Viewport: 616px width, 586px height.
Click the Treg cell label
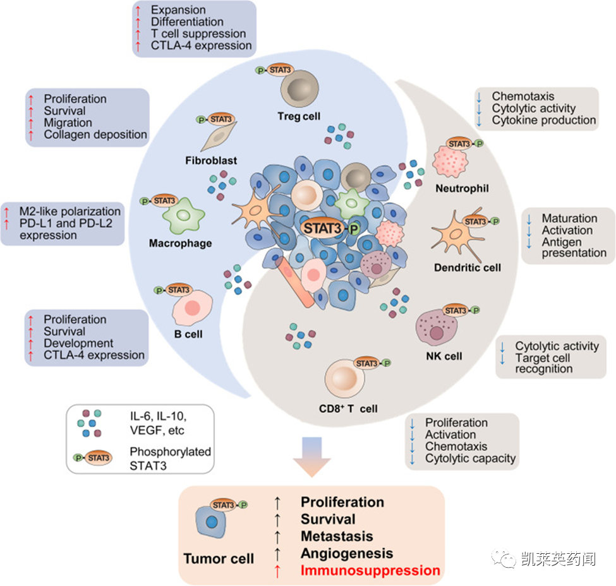coord(298,116)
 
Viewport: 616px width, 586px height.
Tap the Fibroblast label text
coord(212,160)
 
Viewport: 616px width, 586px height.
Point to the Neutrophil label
coord(462,188)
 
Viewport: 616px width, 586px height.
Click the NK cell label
coord(444,356)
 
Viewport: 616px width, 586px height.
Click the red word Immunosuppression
coord(370,570)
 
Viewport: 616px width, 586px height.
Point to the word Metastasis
coord(337,536)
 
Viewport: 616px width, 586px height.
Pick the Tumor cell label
coord(219,559)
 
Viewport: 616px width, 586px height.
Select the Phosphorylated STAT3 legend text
coord(170,458)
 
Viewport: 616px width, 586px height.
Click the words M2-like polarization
coord(69,212)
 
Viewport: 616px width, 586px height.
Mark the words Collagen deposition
coord(95,135)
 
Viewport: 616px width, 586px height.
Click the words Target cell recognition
coord(543,363)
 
